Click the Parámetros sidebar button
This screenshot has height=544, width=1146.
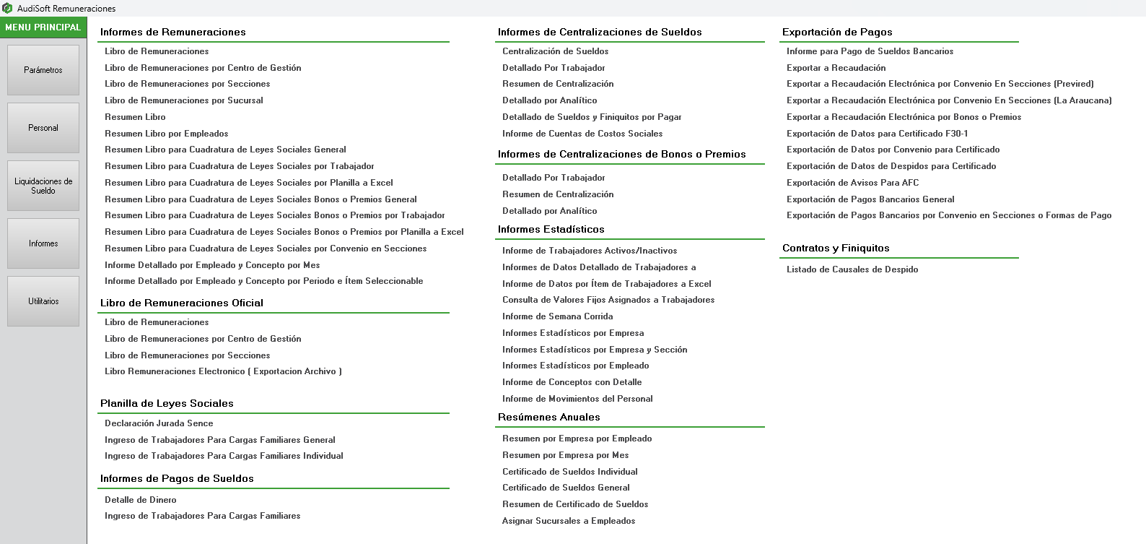[43, 70]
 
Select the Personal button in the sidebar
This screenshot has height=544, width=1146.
[43, 128]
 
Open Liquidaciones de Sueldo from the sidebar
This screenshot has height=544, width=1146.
[43, 186]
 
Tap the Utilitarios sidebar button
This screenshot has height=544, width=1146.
[43, 301]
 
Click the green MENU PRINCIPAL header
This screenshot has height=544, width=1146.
[43, 27]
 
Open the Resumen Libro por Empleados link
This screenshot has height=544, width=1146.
[166, 134]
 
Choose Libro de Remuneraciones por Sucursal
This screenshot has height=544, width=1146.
[183, 100]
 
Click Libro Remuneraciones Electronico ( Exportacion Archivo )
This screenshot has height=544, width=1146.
[223, 371]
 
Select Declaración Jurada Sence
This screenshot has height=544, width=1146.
[159, 423]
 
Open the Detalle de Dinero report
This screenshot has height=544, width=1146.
[140, 500]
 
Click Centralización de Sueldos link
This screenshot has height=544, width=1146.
[555, 51]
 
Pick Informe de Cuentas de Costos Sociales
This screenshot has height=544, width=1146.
[582, 134]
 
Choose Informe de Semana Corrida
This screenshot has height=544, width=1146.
[557, 316]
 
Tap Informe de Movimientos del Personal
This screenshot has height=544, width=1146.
[577, 399]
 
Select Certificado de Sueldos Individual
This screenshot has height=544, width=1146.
[569, 472]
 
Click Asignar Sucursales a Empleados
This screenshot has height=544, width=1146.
[569, 521]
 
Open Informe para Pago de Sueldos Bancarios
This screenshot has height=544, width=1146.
[870, 51]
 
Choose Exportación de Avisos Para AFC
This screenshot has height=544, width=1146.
[852, 183]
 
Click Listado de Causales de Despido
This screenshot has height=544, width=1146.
[852, 269]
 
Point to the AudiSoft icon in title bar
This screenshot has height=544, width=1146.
[7, 8]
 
